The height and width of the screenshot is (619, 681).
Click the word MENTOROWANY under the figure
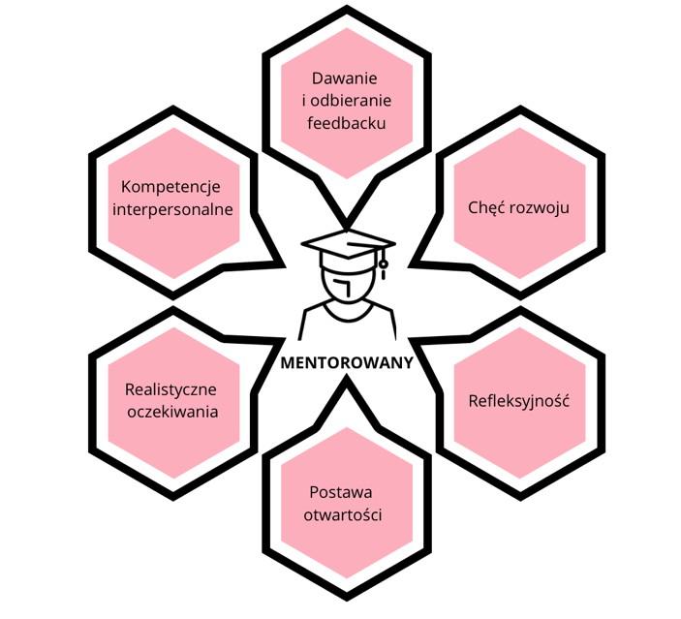(x=347, y=364)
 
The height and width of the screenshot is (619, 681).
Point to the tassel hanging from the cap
(x=384, y=262)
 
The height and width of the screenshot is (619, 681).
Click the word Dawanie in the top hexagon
(x=344, y=78)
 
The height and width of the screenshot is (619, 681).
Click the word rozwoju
(x=538, y=208)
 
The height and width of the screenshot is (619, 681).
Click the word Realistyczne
(x=171, y=389)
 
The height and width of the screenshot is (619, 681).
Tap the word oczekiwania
(x=171, y=412)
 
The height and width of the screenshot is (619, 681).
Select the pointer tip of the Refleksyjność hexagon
(x=413, y=341)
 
